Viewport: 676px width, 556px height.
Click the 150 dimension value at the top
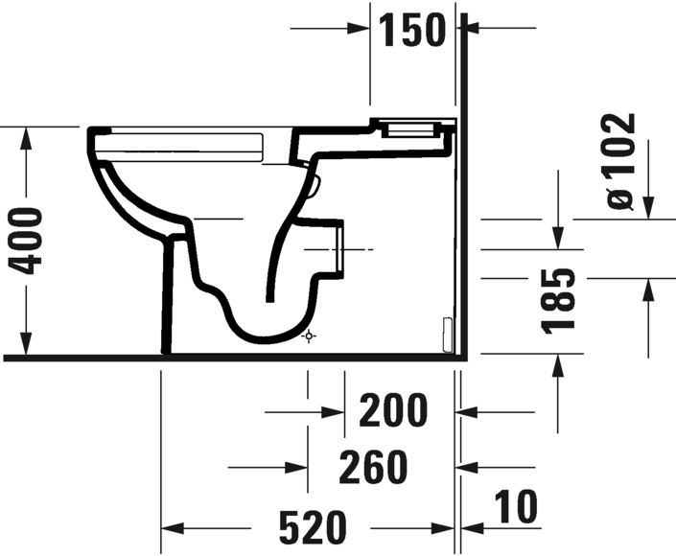point(411,30)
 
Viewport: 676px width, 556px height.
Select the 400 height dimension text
point(26,242)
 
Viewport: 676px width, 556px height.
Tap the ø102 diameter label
point(620,161)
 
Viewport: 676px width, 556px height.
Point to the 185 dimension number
point(558,302)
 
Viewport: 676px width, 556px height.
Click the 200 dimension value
point(393,410)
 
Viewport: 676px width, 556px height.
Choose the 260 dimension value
point(373,466)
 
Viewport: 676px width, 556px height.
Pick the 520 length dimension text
point(313,527)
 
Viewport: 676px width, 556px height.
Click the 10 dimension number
point(516,506)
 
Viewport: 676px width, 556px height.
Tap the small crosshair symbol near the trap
point(309,336)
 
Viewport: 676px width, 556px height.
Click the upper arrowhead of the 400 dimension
point(26,139)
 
